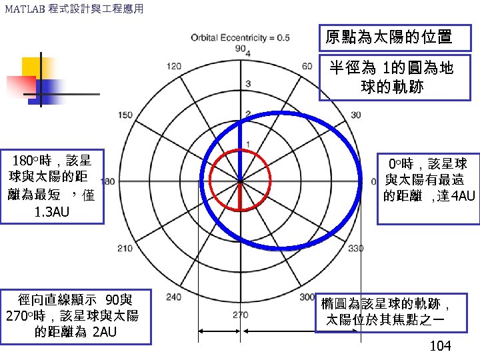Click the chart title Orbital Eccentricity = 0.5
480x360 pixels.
[x=240, y=38]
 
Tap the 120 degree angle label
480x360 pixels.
[x=173, y=66]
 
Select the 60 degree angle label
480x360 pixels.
[x=307, y=66]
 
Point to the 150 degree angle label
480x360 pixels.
[x=125, y=115]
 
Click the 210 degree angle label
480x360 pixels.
[x=125, y=248]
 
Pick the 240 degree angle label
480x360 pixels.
[x=174, y=297]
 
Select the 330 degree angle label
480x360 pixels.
[x=356, y=248]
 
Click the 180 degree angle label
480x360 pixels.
[x=107, y=181]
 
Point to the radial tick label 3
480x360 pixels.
[x=247, y=83]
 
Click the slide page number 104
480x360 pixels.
[x=441, y=345]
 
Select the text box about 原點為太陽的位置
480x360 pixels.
[x=389, y=37]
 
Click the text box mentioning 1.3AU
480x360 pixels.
[x=52, y=186]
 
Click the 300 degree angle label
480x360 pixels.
[x=307, y=297]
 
